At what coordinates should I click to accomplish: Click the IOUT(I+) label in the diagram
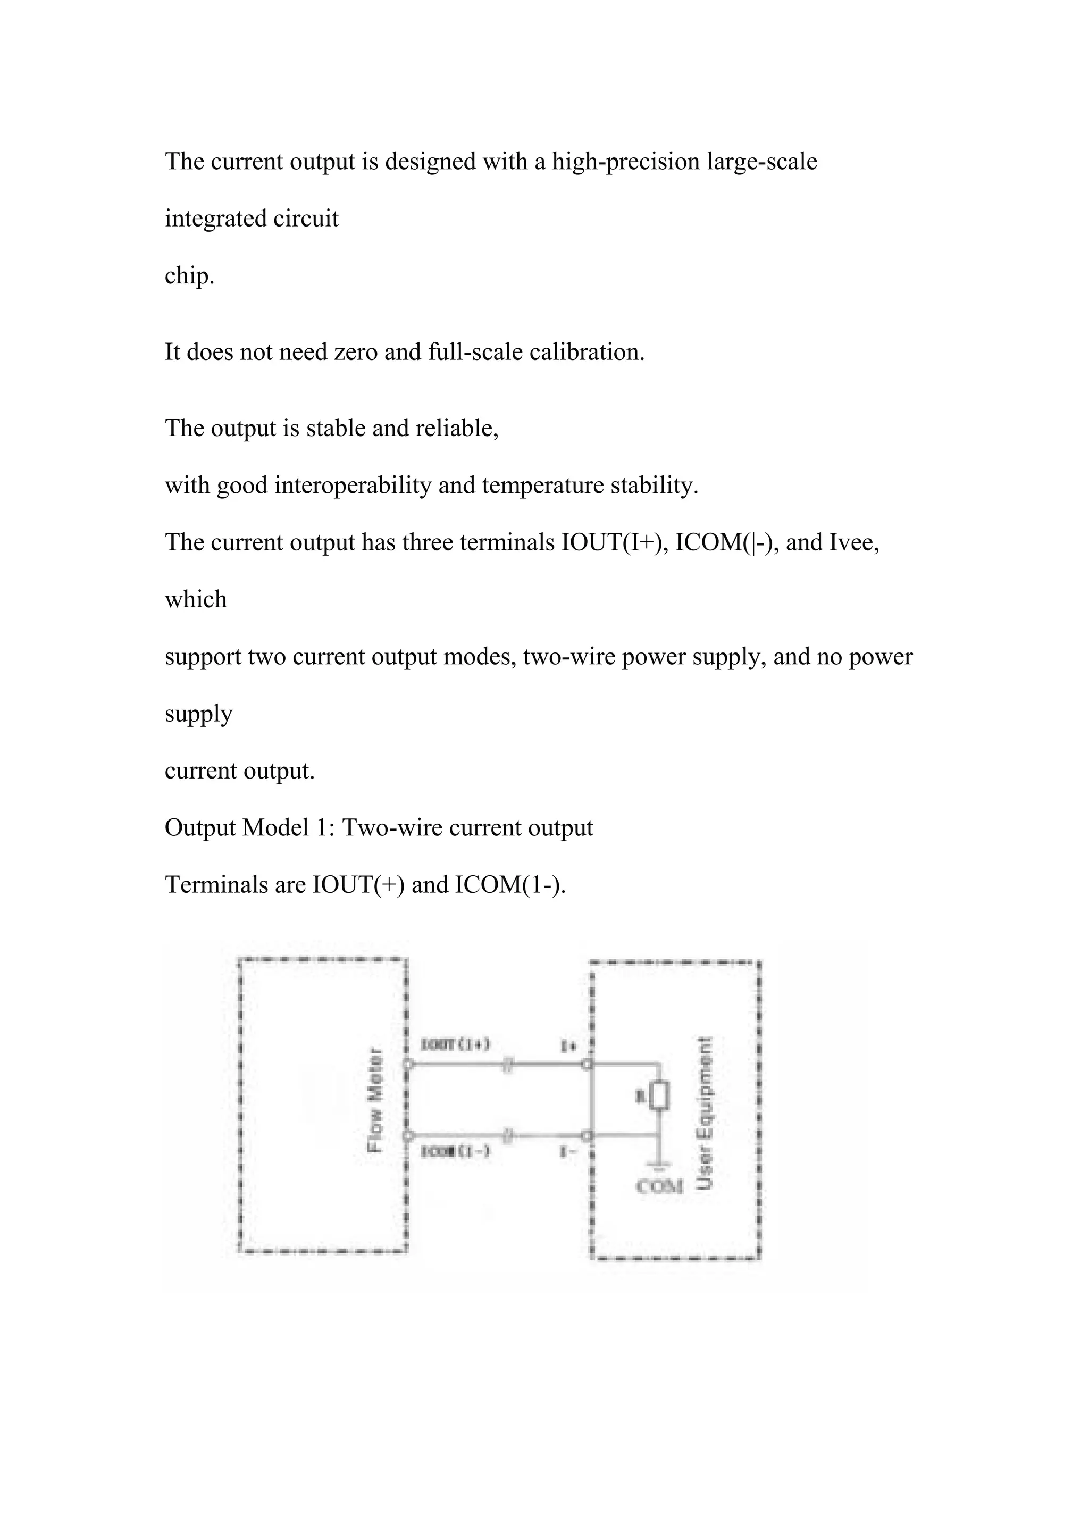pyautogui.click(x=456, y=1044)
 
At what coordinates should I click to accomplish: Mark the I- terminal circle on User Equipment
pyautogui.click(x=588, y=1135)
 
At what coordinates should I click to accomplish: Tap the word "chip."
pyautogui.click(x=190, y=275)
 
